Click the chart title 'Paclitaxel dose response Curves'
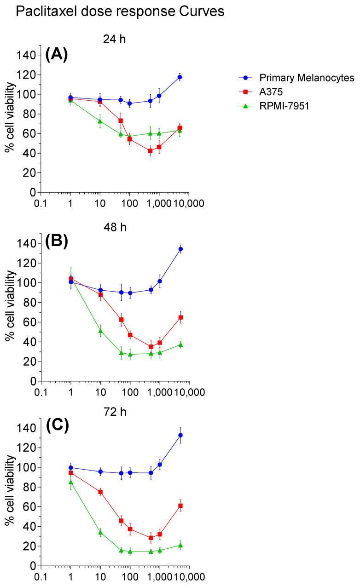pos(120,12)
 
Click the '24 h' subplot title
pos(115,40)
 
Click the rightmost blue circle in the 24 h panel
pos(180,77)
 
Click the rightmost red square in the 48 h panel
pos(180,317)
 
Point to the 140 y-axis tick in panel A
pos(26,56)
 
